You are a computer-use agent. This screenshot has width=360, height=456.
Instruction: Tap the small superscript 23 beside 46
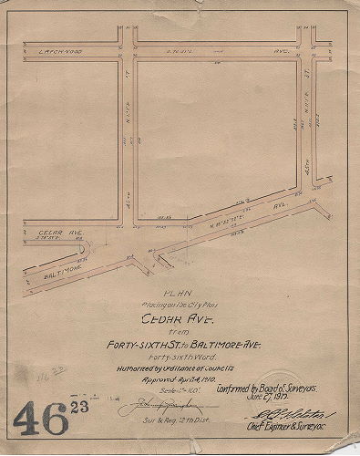click(x=85, y=407)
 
